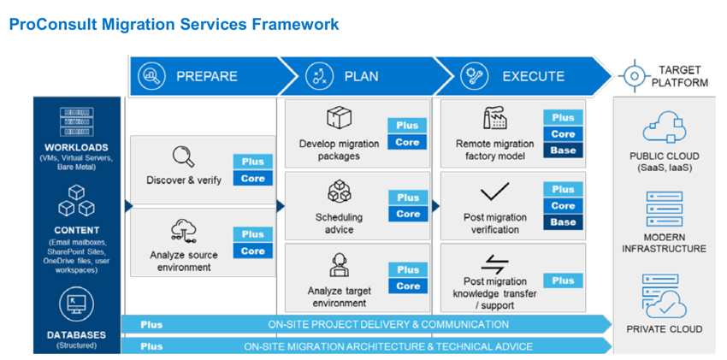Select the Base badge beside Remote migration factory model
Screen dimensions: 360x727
(x=563, y=150)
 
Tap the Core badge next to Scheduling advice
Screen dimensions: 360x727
(x=407, y=214)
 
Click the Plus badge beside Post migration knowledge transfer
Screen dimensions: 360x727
(x=563, y=280)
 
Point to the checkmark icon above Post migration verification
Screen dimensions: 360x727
(x=494, y=192)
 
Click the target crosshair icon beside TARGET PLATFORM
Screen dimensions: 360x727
(x=633, y=75)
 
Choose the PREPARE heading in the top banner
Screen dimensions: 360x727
(x=208, y=76)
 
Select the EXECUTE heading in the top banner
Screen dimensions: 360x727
(x=533, y=76)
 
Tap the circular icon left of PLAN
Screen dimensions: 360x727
(x=319, y=76)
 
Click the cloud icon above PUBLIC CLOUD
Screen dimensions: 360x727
(x=665, y=129)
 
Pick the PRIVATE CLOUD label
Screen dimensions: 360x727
(x=665, y=329)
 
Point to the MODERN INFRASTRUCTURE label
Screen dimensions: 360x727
(x=665, y=243)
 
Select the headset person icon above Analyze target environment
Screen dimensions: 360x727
(x=339, y=264)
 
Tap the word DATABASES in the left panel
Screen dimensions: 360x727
(x=77, y=335)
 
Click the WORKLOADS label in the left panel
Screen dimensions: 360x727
(x=77, y=147)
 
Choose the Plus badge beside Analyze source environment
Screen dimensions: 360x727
(x=252, y=234)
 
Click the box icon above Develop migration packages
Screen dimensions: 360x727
(x=339, y=119)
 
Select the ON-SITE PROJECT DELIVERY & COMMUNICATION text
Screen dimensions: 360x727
(x=387, y=325)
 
